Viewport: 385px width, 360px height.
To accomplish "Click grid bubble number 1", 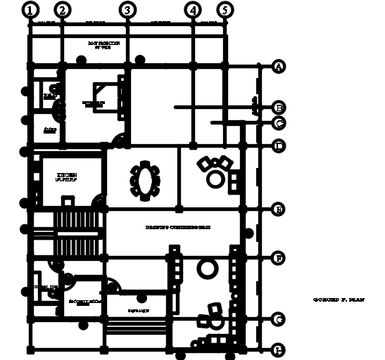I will pyautogui.click(x=30, y=10).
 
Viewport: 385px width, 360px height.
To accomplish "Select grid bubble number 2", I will pyautogui.click(x=62, y=10).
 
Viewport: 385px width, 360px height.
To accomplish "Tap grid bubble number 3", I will pyautogui.click(x=127, y=10).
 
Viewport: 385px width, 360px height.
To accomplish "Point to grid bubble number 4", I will pyautogui.click(x=193, y=10).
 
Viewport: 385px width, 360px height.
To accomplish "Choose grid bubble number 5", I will pyautogui.click(x=224, y=10).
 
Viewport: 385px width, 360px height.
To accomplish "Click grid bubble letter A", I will pyautogui.click(x=279, y=67).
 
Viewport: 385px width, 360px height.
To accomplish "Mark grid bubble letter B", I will pyautogui.click(x=279, y=108).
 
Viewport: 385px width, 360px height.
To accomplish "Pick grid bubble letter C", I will pyautogui.click(x=279, y=123).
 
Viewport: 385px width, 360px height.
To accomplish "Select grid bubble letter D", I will pyautogui.click(x=279, y=146).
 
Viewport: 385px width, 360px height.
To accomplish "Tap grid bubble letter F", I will pyautogui.click(x=279, y=258).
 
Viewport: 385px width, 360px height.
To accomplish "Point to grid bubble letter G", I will pyautogui.click(x=279, y=319).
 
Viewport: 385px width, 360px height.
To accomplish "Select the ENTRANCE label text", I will pyautogui.click(x=138, y=310).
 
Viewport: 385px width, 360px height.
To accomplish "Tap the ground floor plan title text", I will pyautogui.click(x=339, y=300).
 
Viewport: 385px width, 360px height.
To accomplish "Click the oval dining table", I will pyautogui.click(x=145, y=181).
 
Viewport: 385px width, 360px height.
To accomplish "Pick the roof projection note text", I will pyautogui.click(x=104, y=45).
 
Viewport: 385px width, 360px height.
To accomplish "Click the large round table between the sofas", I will pyautogui.click(x=206, y=268).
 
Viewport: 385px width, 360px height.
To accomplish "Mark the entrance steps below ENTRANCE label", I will pyautogui.click(x=137, y=328).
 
